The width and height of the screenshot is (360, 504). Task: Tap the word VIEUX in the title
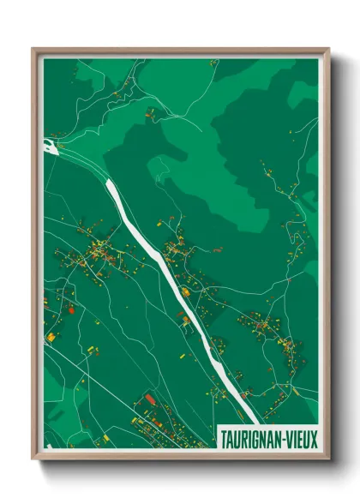pyautogui.click(x=300, y=436)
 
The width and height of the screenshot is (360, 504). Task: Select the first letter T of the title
pyautogui.click(x=225, y=436)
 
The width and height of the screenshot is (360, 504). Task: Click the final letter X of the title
pyautogui.click(x=314, y=436)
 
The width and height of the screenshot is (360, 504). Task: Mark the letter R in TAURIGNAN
pyautogui.click(x=243, y=436)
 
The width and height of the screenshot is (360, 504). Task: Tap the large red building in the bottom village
pyautogui.click(x=150, y=399)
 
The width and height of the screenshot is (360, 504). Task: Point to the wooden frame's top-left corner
pyautogui.click(x=33, y=49)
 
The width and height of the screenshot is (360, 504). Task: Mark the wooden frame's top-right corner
pyautogui.click(x=328, y=49)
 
